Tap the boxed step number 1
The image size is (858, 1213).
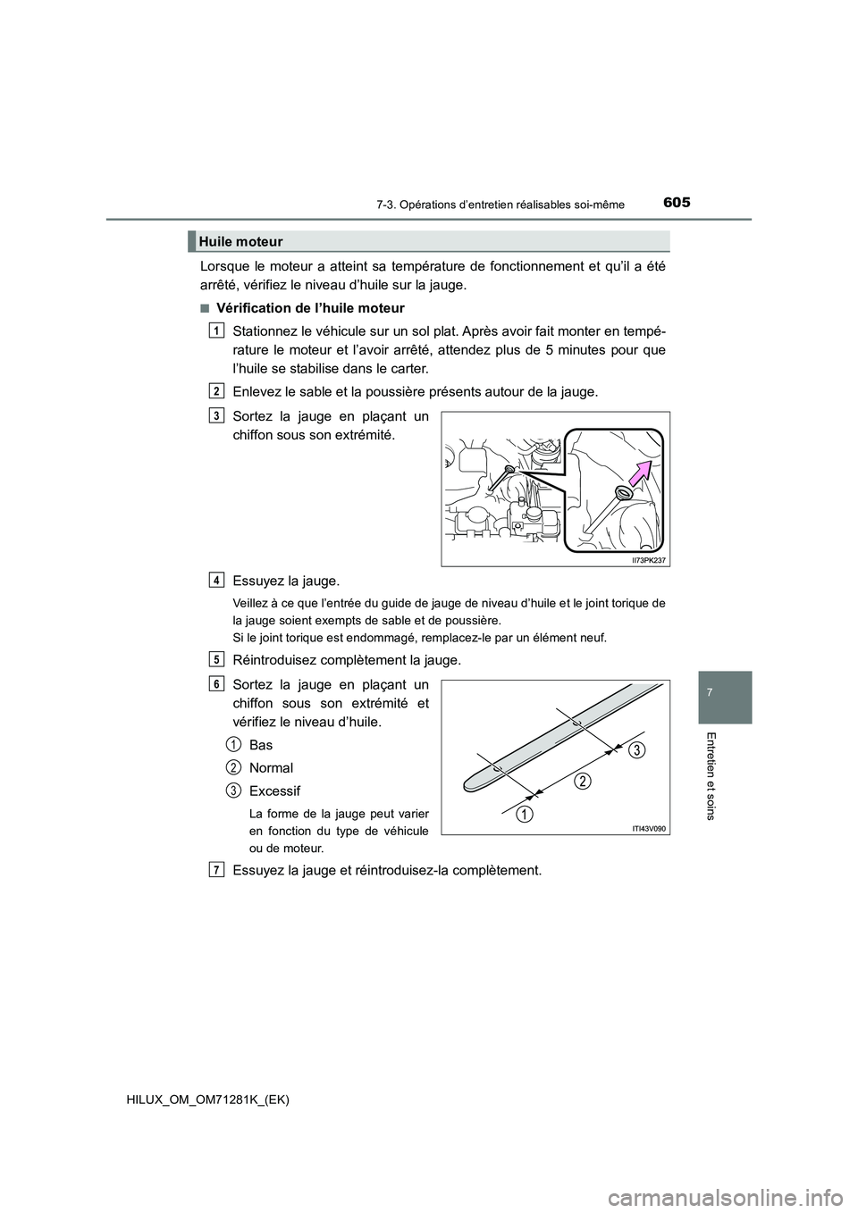coord(218,330)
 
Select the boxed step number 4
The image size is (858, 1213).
coord(218,580)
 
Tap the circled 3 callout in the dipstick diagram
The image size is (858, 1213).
coord(634,749)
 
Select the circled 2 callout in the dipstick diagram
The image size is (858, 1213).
coord(582,782)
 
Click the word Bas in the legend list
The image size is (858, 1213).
coord(261,744)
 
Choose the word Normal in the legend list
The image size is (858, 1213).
coord(271,767)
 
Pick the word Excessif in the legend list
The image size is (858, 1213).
coord(274,791)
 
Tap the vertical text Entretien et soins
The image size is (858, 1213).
coord(724,775)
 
